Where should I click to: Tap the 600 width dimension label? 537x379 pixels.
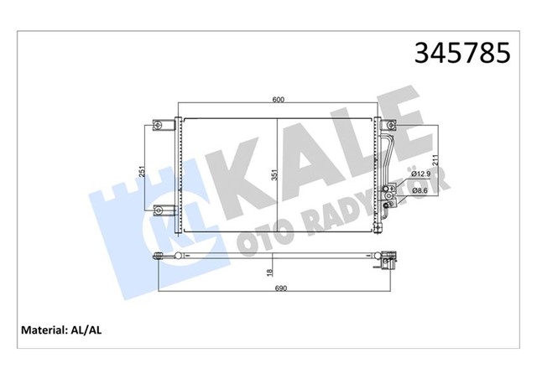(x=278, y=101)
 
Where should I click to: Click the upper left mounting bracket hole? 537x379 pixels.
(x=158, y=126)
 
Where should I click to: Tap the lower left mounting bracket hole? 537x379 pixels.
(x=158, y=207)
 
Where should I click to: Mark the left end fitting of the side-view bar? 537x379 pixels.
(x=160, y=255)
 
